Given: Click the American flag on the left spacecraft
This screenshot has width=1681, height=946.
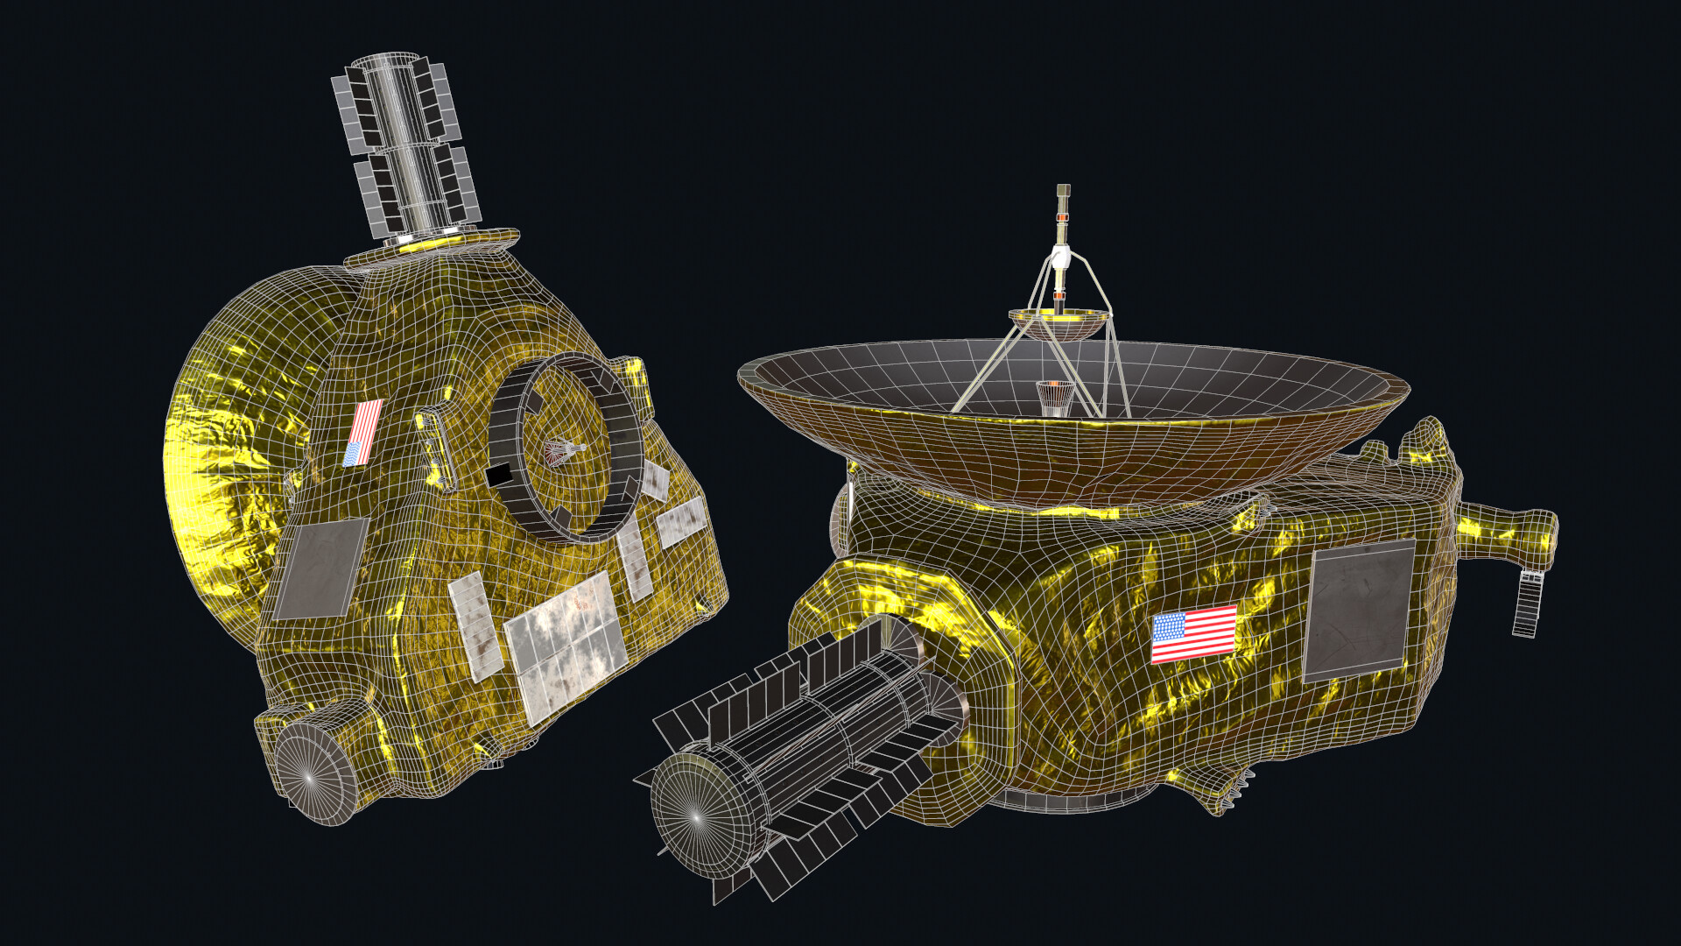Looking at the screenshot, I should [364, 432].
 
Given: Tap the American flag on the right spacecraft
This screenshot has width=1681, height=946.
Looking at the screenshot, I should [1193, 633].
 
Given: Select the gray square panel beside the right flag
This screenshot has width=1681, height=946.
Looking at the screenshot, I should [1359, 610].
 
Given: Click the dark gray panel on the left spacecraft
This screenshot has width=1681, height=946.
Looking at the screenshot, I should [320, 568].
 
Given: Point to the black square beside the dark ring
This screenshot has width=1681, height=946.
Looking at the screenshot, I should [499, 475].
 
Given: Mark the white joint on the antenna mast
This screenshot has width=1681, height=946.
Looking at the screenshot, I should [1061, 258].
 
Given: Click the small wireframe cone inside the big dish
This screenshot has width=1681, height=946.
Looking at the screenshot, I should [1053, 398].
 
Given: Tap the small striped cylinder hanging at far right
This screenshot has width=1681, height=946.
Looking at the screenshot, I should [1528, 604].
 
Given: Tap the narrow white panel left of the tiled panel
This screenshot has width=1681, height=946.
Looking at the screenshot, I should [475, 625].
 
